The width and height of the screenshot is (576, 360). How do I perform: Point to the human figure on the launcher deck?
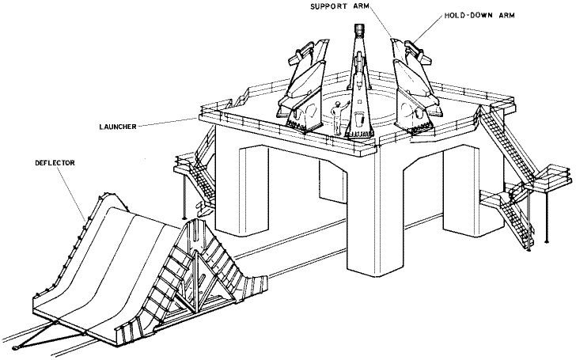pos(338,119)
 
